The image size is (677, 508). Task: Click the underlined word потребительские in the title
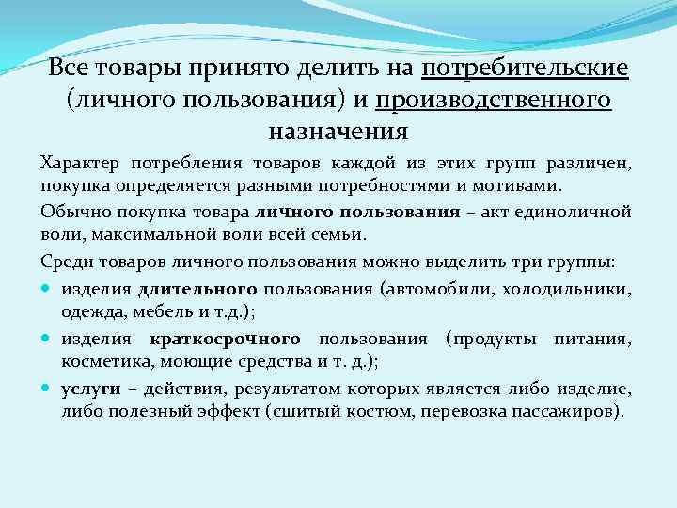pos(526,70)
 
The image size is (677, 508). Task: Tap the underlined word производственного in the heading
pos(495,99)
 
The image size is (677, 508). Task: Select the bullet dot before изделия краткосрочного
pos(48,339)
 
